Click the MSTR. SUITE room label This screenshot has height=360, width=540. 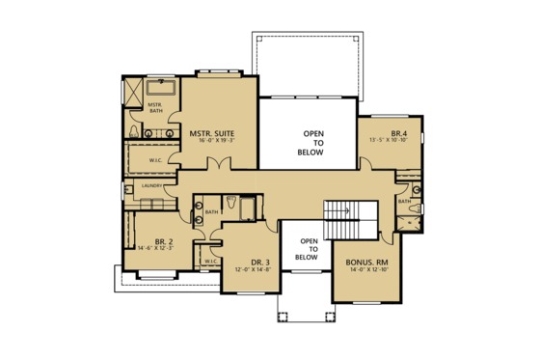(x=213, y=132)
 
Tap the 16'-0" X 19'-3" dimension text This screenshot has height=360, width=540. (x=213, y=141)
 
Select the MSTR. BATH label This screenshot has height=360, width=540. (x=153, y=106)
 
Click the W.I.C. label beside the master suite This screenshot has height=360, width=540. (x=155, y=159)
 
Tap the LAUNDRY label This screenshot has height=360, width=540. (x=150, y=184)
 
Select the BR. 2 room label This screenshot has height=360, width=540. (x=163, y=242)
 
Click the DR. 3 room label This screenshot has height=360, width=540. (x=259, y=262)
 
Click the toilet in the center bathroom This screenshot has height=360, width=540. (x=233, y=203)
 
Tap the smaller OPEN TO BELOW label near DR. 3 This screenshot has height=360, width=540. (x=307, y=249)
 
